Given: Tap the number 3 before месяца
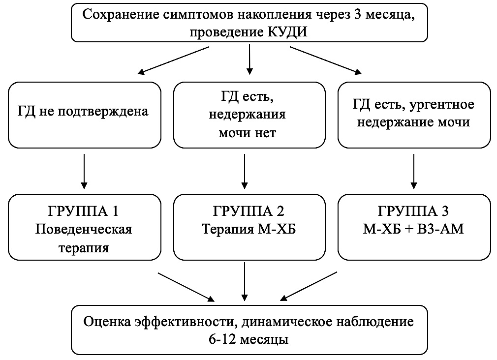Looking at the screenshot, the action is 358,15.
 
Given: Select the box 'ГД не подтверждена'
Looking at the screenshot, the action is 85,115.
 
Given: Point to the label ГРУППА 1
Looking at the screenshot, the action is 83,211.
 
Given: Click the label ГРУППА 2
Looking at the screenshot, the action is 248,211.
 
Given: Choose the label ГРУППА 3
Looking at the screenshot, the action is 413,211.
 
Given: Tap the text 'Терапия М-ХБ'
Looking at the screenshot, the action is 249,229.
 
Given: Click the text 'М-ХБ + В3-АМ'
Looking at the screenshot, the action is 413,229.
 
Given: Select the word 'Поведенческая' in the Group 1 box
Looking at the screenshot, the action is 83,229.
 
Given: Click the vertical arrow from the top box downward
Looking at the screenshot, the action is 249,59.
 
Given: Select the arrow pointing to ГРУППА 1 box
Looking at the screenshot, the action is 84,171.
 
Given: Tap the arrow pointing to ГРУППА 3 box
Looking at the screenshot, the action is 414,171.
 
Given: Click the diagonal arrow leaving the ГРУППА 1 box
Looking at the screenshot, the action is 186,287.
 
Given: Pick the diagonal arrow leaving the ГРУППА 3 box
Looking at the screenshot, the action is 309,286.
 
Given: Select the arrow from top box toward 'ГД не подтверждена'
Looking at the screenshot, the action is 173,60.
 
